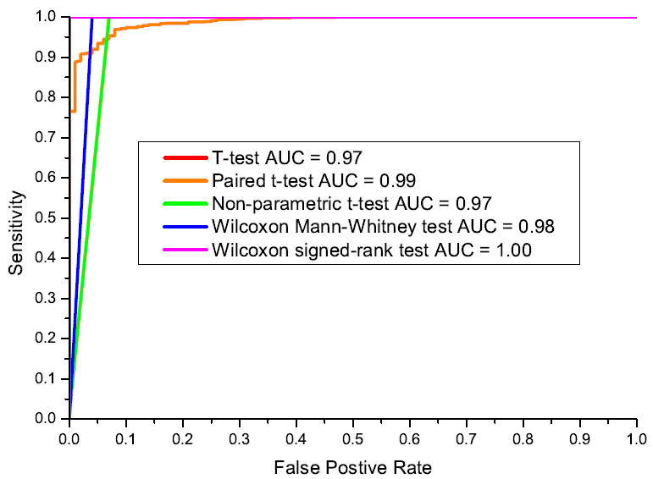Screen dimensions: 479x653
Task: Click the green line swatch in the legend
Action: [x=183, y=203]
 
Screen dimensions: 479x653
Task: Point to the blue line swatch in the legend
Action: [x=183, y=226]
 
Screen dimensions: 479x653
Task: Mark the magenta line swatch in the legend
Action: [x=183, y=250]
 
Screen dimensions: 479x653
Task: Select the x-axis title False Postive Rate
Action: [x=352, y=466]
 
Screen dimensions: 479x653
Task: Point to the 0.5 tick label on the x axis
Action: [x=352, y=438]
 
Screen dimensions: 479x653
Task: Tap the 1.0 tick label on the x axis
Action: [x=636, y=438]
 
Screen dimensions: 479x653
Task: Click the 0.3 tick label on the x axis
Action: [x=239, y=438]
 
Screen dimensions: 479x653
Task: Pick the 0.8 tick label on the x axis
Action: [x=523, y=438]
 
